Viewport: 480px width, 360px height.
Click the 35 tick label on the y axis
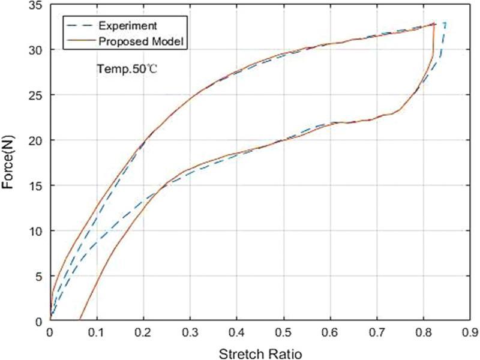tap(36, 4)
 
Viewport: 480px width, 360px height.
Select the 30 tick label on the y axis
tap(36, 49)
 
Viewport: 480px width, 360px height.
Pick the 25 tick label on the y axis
tap(36, 95)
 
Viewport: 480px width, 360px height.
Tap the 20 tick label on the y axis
tap(36, 140)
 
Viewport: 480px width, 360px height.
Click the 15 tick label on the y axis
tap(36, 185)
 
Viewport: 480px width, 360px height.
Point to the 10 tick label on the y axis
tap(36, 230)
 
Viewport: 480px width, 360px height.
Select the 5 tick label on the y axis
tap(39, 276)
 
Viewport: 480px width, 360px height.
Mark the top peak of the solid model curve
tap(433, 23)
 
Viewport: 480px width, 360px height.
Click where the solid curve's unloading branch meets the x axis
tap(79, 321)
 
